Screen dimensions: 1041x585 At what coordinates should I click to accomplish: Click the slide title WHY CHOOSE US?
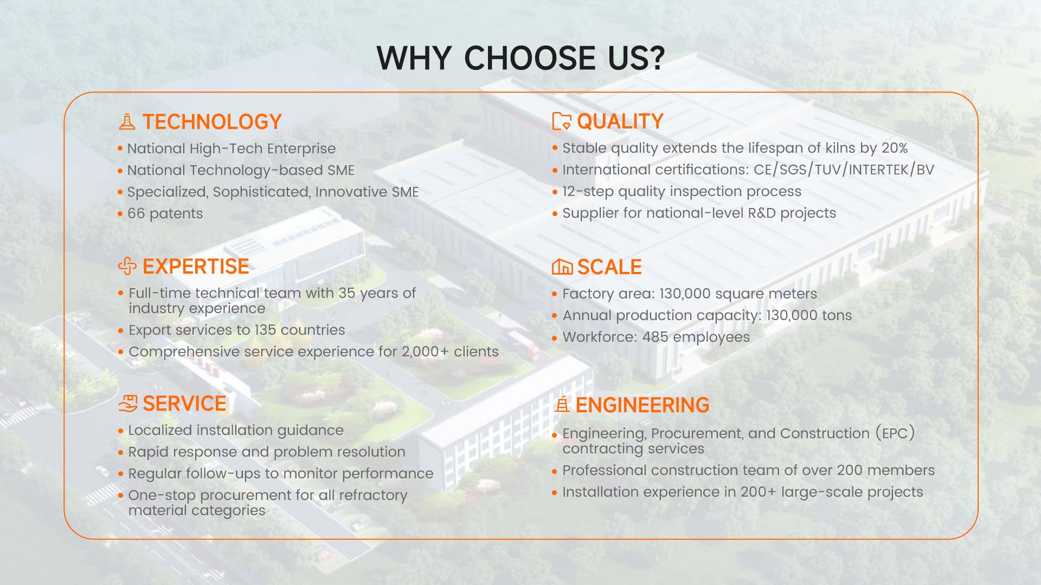pyautogui.click(x=520, y=57)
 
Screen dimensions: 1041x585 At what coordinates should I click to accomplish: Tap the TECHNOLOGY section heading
pyautogui.click(x=212, y=122)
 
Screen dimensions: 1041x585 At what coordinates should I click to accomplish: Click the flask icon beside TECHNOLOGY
pyautogui.click(x=127, y=122)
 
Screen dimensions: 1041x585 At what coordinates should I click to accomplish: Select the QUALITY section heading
pyautogui.click(x=620, y=121)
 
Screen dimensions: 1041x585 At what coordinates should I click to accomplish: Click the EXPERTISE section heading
pyautogui.click(x=196, y=266)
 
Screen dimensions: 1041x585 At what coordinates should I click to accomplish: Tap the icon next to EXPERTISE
pyautogui.click(x=127, y=266)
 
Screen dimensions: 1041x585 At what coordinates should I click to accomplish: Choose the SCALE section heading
pyautogui.click(x=609, y=267)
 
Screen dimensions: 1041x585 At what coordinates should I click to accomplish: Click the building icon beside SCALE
pyautogui.click(x=562, y=266)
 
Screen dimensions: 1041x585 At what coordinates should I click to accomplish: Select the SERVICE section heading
pyautogui.click(x=184, y=404)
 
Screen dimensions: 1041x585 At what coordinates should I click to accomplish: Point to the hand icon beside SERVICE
pyautogui.click(x=128, y=404)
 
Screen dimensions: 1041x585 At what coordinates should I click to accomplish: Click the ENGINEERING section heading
pyautogui.click(x=642, y=405)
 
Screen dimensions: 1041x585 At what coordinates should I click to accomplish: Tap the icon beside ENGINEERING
pyautogui.click(x=563, y=404)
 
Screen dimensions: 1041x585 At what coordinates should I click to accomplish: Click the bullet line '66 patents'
pyautogui.click(x=165, y=213)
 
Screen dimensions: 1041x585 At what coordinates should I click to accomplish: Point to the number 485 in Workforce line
pyautogui.click(x=655, y=337)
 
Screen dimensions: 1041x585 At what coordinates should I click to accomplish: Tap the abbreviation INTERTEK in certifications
pyautogui.click(x=878, y=170)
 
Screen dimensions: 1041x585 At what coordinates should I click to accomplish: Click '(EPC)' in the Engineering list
pyautogui.click(x=895, y=433)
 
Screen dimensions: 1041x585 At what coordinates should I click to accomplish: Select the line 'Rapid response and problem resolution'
pyautogui.click(x=267, y=452)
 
